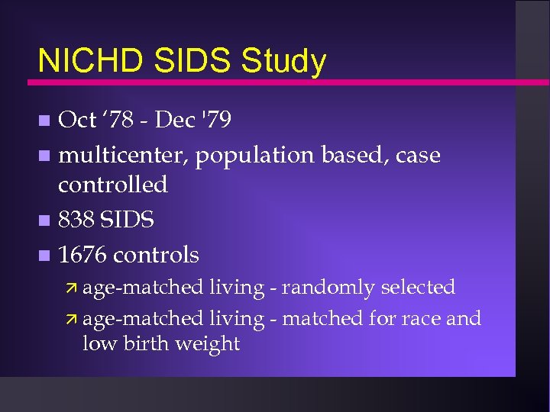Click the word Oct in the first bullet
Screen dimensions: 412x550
click(x=77, y=120)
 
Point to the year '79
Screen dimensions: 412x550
click(x=215, y=120)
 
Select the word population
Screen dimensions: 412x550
click(x=254, y=156)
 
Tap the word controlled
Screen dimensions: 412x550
click(x=113, y=184)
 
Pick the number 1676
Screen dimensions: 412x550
click(x=85, y=254)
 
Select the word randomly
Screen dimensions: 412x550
click(x=328, y=288)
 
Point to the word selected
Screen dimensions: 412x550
click(x=418, y=287)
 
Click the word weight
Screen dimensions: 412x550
click(x=207, y=344)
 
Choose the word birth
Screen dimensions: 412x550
click(x=145, y=343)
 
